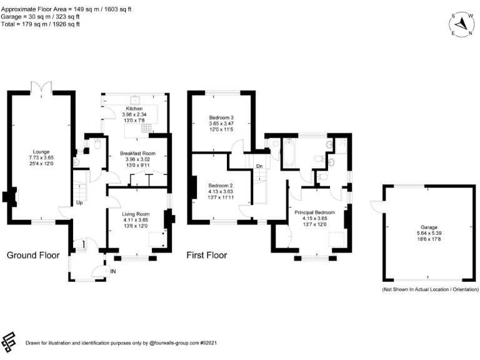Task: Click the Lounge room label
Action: pos(41,152)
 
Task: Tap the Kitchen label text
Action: pos(134,109)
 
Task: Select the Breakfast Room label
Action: pos(137,153)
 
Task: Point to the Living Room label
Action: pos(136,214)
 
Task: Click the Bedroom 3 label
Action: pos(221,117)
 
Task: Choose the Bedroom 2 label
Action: pos(221,186)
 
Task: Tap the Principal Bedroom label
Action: pos(315,212)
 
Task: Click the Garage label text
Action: pos(429,227)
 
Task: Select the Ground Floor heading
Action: pos(33,255)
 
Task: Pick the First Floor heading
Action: pos(207,255)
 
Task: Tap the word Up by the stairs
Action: pos(79,203)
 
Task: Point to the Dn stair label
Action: pos(259,166)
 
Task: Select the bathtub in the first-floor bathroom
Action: pos(289,152)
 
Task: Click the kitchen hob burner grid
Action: pos(146,128)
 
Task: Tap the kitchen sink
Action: pos(135,100)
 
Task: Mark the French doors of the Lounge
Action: pos(41,87)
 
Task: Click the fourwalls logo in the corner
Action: pos(9,342)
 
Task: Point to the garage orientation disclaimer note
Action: pos(430,289)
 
